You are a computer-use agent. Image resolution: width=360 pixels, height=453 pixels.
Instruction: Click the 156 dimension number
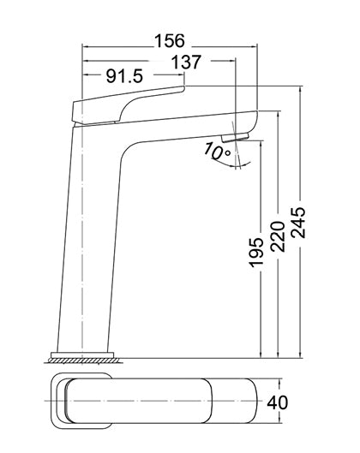[x=169, y=41]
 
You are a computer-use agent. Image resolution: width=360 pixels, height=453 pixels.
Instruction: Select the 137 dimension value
[x=186, y=63]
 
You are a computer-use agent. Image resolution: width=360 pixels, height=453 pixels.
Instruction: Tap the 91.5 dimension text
[x=124, y=76]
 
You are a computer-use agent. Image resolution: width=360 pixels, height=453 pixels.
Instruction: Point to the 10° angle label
[x=217, y=151]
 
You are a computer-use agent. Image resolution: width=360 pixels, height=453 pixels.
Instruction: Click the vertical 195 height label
[x=256, y=253]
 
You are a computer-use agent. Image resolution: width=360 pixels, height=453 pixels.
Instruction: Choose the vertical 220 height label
[x=278, y=236]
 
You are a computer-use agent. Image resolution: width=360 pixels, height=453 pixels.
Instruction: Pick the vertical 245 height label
[x=297, y=222]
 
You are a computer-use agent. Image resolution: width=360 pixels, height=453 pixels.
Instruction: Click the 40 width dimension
[x=278, y=402]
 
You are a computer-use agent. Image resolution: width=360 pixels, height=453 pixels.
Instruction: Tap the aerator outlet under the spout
[x=236, y=137]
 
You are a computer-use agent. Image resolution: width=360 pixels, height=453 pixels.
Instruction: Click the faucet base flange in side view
[x=82, y=355]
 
